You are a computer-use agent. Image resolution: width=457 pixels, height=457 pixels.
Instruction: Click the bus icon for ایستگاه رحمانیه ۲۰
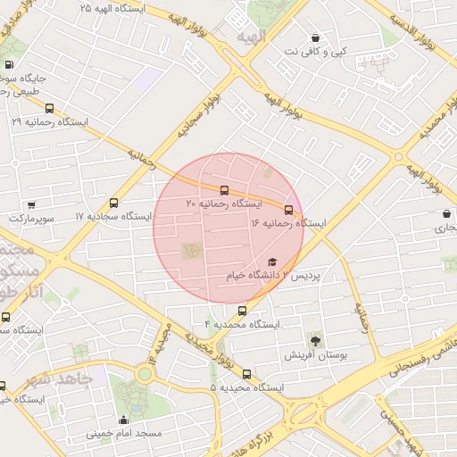[223, 190]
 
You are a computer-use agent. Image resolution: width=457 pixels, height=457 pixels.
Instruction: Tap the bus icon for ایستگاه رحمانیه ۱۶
[288, 209]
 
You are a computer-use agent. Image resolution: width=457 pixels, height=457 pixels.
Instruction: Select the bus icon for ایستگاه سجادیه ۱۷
[113, 203]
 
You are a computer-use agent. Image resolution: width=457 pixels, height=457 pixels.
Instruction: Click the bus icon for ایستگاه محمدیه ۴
[242, 311]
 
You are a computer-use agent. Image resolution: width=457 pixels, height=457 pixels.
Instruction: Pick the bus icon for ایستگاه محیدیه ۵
[247, 374]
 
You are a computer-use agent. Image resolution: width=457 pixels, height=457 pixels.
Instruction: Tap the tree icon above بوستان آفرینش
[314, 340]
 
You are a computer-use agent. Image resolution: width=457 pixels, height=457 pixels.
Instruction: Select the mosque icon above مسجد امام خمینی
[123, 420]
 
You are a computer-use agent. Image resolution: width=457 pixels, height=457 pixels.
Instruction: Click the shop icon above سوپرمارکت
[31, 204]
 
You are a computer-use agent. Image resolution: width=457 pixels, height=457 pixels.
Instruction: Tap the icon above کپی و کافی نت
[315, 38]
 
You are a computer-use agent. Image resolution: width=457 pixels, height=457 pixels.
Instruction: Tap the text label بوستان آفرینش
[314, 354]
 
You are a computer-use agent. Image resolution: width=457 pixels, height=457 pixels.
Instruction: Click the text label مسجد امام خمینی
[124, 434]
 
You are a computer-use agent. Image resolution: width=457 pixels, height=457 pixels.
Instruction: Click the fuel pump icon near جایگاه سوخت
[9, 64]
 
